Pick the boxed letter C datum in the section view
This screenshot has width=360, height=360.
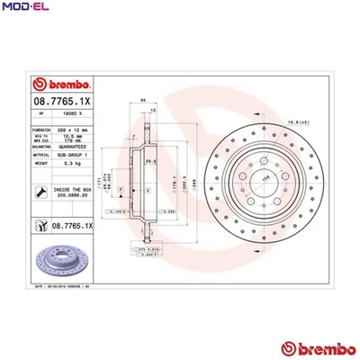tap(148, 192)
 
